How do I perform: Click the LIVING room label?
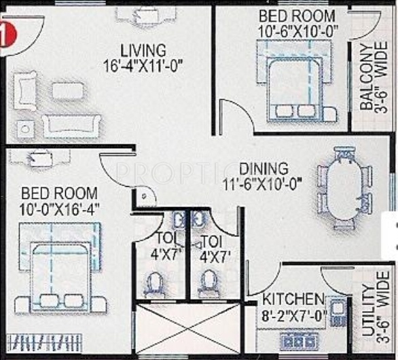click(143, 51)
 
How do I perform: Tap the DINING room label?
click(264, 168)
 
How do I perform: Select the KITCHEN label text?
click(293, 299)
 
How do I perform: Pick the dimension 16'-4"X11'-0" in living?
click(143, 66)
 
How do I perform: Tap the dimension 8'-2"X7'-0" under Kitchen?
click(294, 314)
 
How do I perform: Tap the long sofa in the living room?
click(72, 125)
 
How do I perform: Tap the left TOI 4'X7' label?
click(163, 247)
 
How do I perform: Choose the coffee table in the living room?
click(68, 90)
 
